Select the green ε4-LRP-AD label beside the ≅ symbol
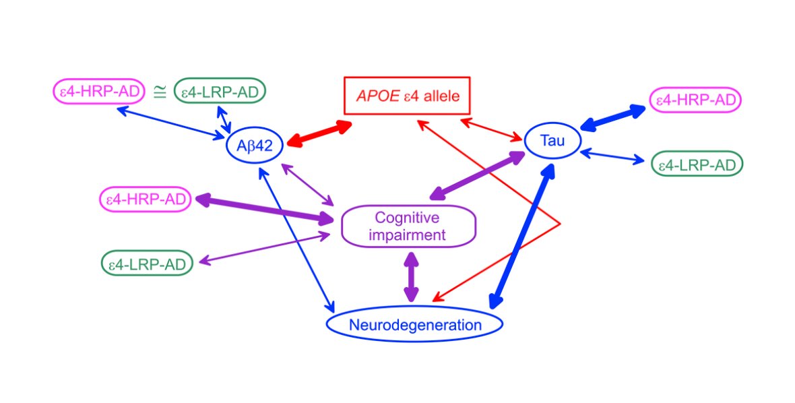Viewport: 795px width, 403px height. tap(220, 91)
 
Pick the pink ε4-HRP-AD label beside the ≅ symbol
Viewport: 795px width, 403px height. tap(100, 91)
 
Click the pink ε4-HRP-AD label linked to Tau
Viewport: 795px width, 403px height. tap(695, 99)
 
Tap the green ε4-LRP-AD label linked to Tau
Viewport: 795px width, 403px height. tap(697, 164)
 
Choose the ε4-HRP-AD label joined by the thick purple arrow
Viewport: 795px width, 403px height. tap(145, 199)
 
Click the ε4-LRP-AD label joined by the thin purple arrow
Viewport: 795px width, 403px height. tap(147, 263)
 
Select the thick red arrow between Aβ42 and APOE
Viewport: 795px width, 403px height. tap(319, 134)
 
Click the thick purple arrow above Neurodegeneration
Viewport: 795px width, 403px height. tap(411, 277)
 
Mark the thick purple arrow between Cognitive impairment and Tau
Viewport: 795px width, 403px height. tap(477, 175)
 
